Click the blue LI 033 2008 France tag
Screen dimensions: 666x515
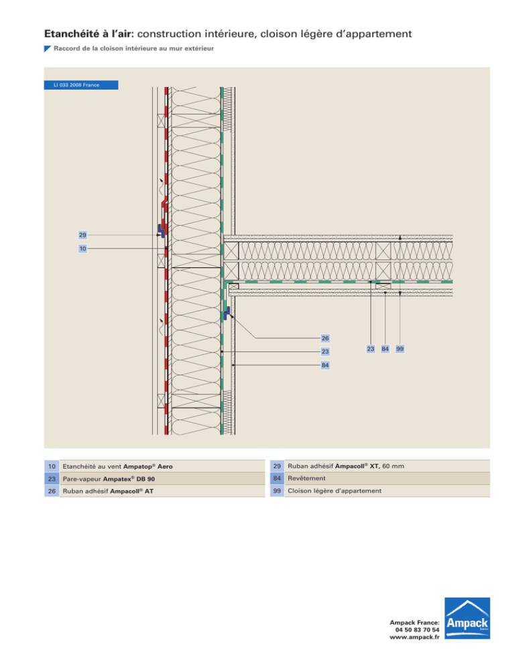(81, 85)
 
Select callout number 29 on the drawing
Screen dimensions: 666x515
(82, 235)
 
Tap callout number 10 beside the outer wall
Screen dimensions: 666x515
(82, 249)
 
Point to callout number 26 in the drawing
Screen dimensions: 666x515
(324, 338)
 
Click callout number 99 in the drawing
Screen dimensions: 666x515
(400, 348)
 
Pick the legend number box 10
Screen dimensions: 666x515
(51, 466)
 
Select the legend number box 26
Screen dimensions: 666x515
(51, 491)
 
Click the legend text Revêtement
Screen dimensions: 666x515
(304, 478)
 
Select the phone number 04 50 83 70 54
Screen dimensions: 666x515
(418, 630)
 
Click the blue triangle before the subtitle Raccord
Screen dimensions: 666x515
(47, 48)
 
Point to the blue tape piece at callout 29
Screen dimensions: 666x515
(162, 230)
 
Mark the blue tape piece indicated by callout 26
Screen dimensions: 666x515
(227, 312)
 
